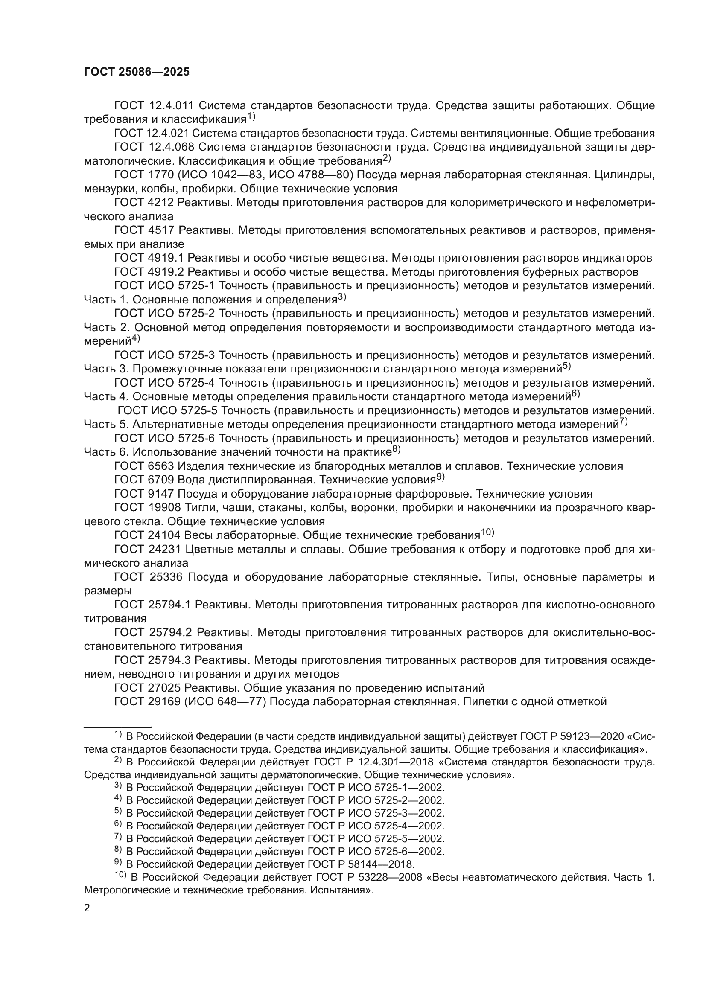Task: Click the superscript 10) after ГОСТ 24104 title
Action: click(x=487, y=532)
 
